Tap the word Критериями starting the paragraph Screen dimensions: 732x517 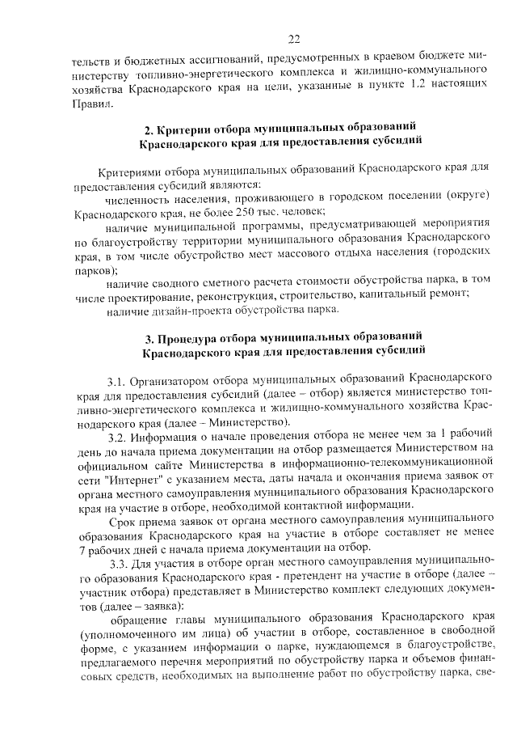[132, 171]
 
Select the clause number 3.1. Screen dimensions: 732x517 [117, 379]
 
